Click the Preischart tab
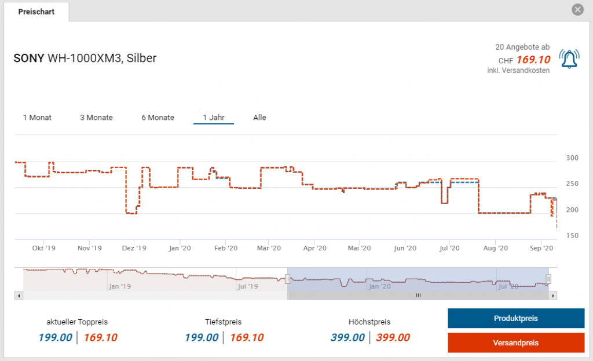[36, 12]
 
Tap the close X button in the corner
[577, 10]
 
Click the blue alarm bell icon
[569, 59]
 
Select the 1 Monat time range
[37, 118]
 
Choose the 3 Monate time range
[96, 118]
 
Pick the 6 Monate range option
[158, 118]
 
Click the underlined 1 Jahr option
[214, 118]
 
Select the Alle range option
[259, 118]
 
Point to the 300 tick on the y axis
[572, 158]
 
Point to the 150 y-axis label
[572, 236]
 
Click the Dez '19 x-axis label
[134, 248]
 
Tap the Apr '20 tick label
[313, 248]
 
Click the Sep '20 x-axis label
[541, 248]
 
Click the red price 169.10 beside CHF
[533, 60]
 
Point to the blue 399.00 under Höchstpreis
[347, 338]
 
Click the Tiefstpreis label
[223, 322]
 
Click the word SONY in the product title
[28, 59]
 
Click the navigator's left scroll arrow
[19, 296]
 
